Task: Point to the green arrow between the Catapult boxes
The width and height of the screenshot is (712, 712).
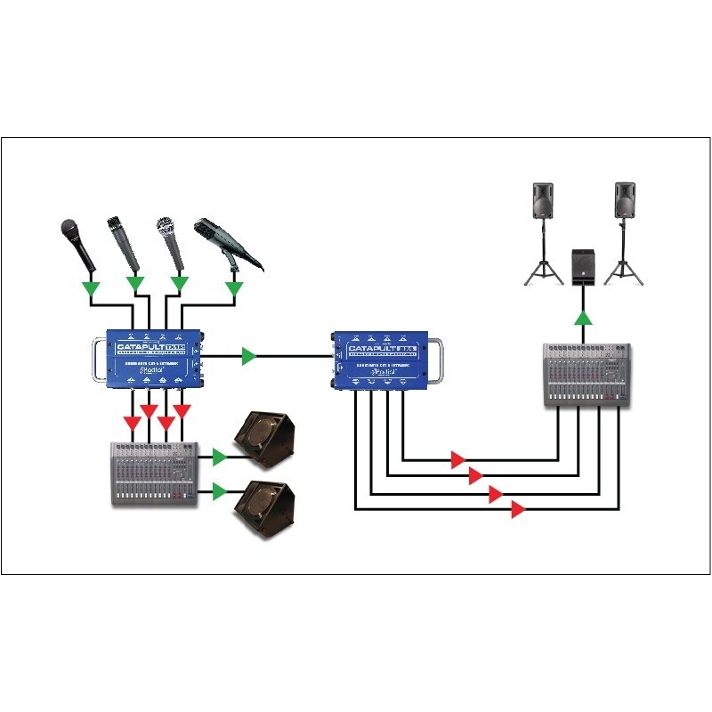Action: (x=249, y=356)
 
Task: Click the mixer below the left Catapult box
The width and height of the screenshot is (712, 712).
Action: (x=154, y=473)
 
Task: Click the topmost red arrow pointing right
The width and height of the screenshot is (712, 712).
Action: (x=457, y=460)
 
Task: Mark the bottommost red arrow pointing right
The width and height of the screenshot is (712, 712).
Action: (x=517, y=510)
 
